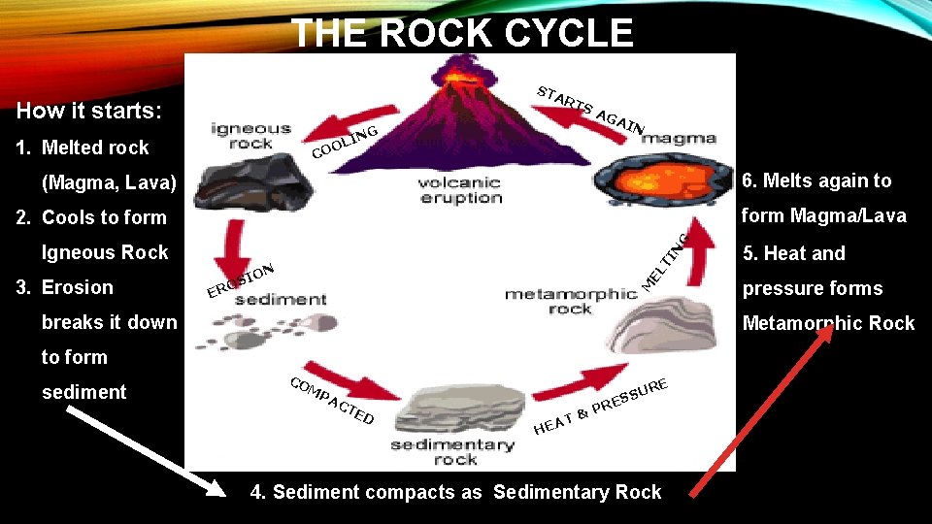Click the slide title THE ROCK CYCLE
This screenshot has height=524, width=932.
[x=462, y=33]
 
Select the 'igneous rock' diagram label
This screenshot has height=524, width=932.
[x=251, y=136]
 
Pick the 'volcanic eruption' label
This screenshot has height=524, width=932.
[x=460, y=189]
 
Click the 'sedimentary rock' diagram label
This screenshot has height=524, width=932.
[x=451, y=451]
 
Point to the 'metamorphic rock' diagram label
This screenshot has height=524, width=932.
[x=571, y=301]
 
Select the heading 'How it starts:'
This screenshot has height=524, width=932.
[x=89, y=111]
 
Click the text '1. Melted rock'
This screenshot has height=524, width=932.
[x=84, y=147]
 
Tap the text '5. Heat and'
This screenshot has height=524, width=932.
[x=793, y=253]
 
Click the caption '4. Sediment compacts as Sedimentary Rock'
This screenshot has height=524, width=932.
[x=455, y=492]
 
